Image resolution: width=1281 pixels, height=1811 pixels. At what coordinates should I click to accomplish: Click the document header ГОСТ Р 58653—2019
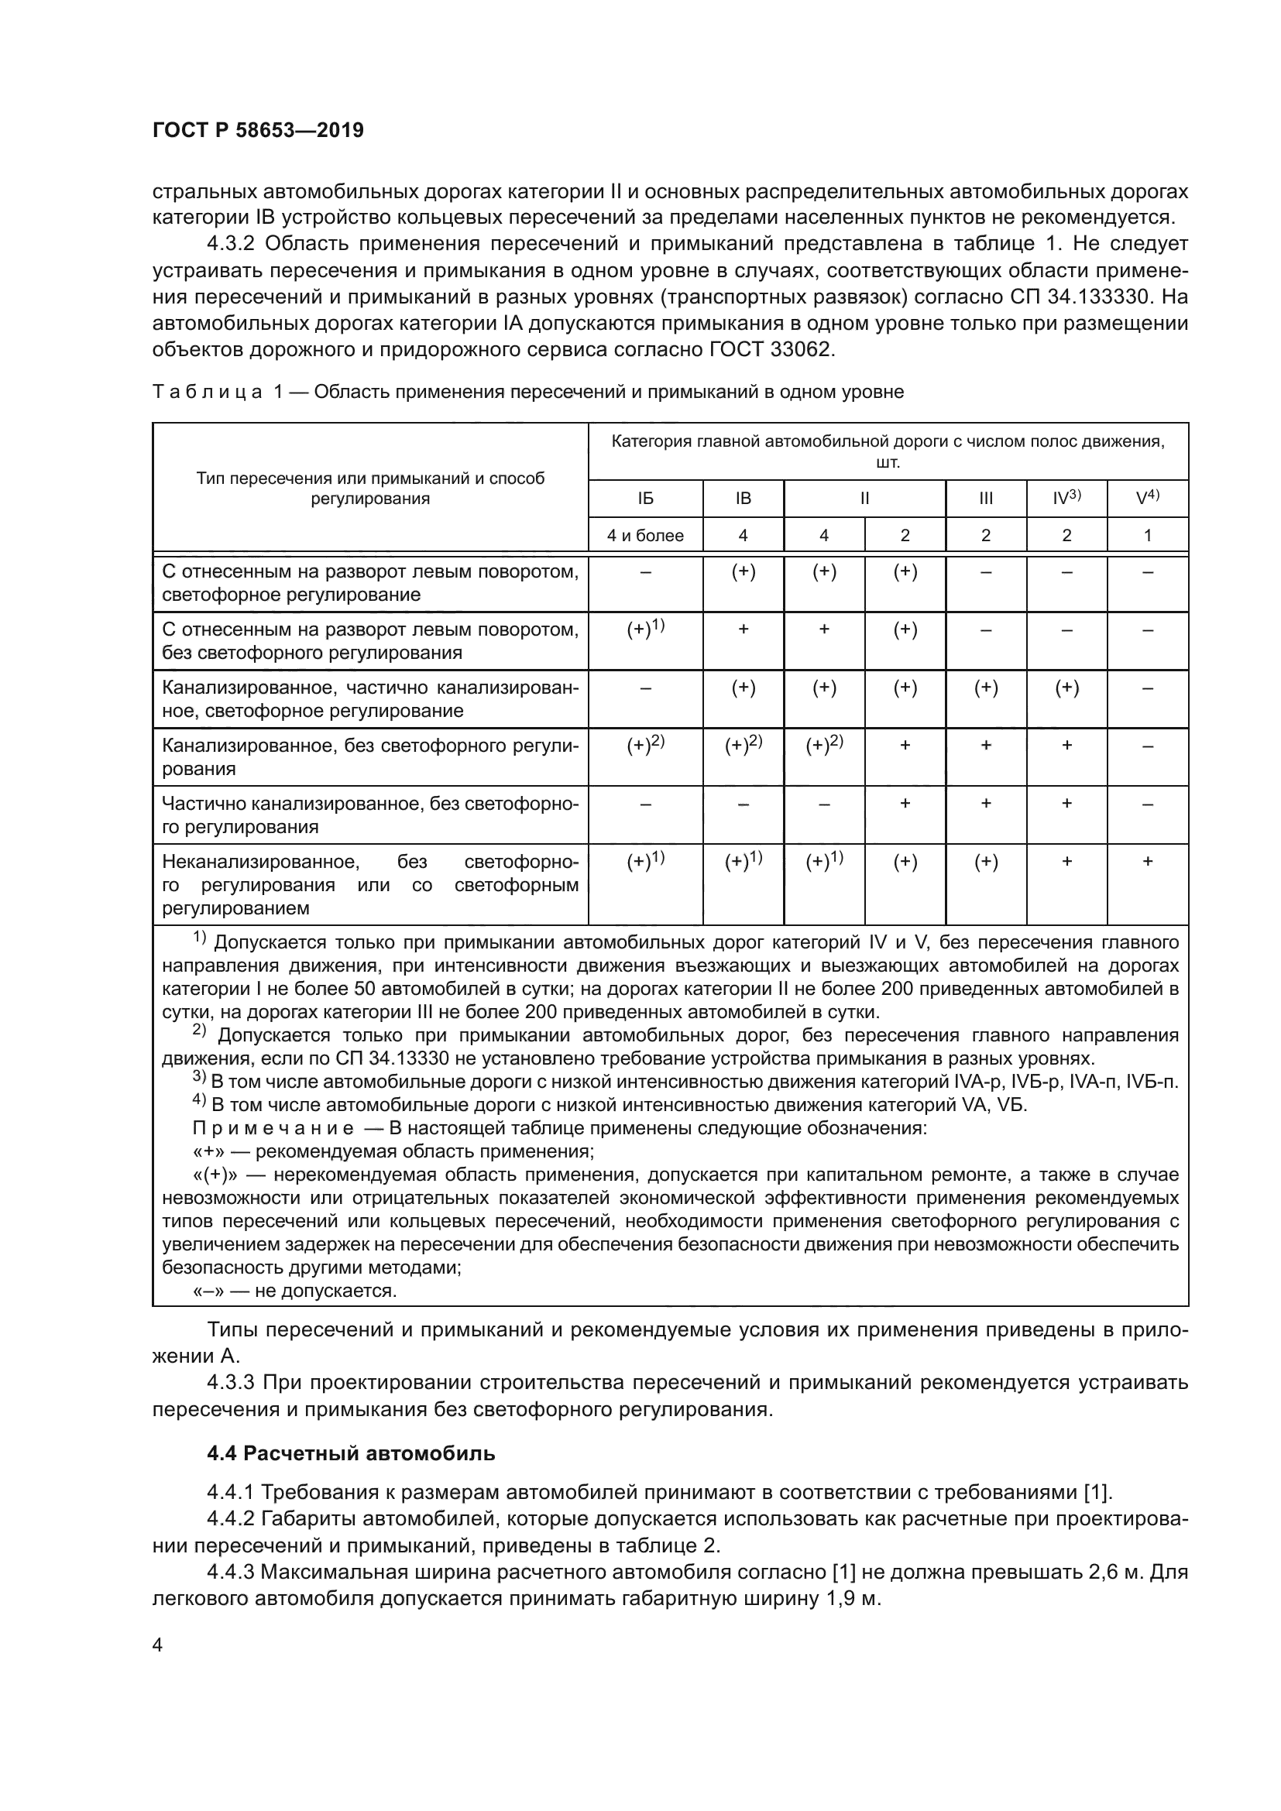point(258,131)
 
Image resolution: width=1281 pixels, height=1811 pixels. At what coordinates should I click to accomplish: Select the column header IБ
point(645,499)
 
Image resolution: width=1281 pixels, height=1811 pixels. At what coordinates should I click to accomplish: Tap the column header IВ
point(743,499)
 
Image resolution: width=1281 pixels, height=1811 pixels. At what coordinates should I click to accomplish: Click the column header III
point(986,499)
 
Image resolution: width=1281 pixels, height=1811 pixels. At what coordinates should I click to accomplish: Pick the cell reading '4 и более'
point(645,536)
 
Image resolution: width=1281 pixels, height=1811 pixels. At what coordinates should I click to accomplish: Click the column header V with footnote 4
point(1148,499)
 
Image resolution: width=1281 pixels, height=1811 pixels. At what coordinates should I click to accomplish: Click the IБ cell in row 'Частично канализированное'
point(645,804)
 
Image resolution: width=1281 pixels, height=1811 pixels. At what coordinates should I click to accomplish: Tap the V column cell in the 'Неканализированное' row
point(1148,862)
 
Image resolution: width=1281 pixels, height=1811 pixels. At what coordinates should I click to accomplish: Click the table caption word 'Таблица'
point(207,392)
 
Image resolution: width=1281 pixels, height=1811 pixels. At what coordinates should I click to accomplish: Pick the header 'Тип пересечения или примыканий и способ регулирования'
point(370,489)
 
